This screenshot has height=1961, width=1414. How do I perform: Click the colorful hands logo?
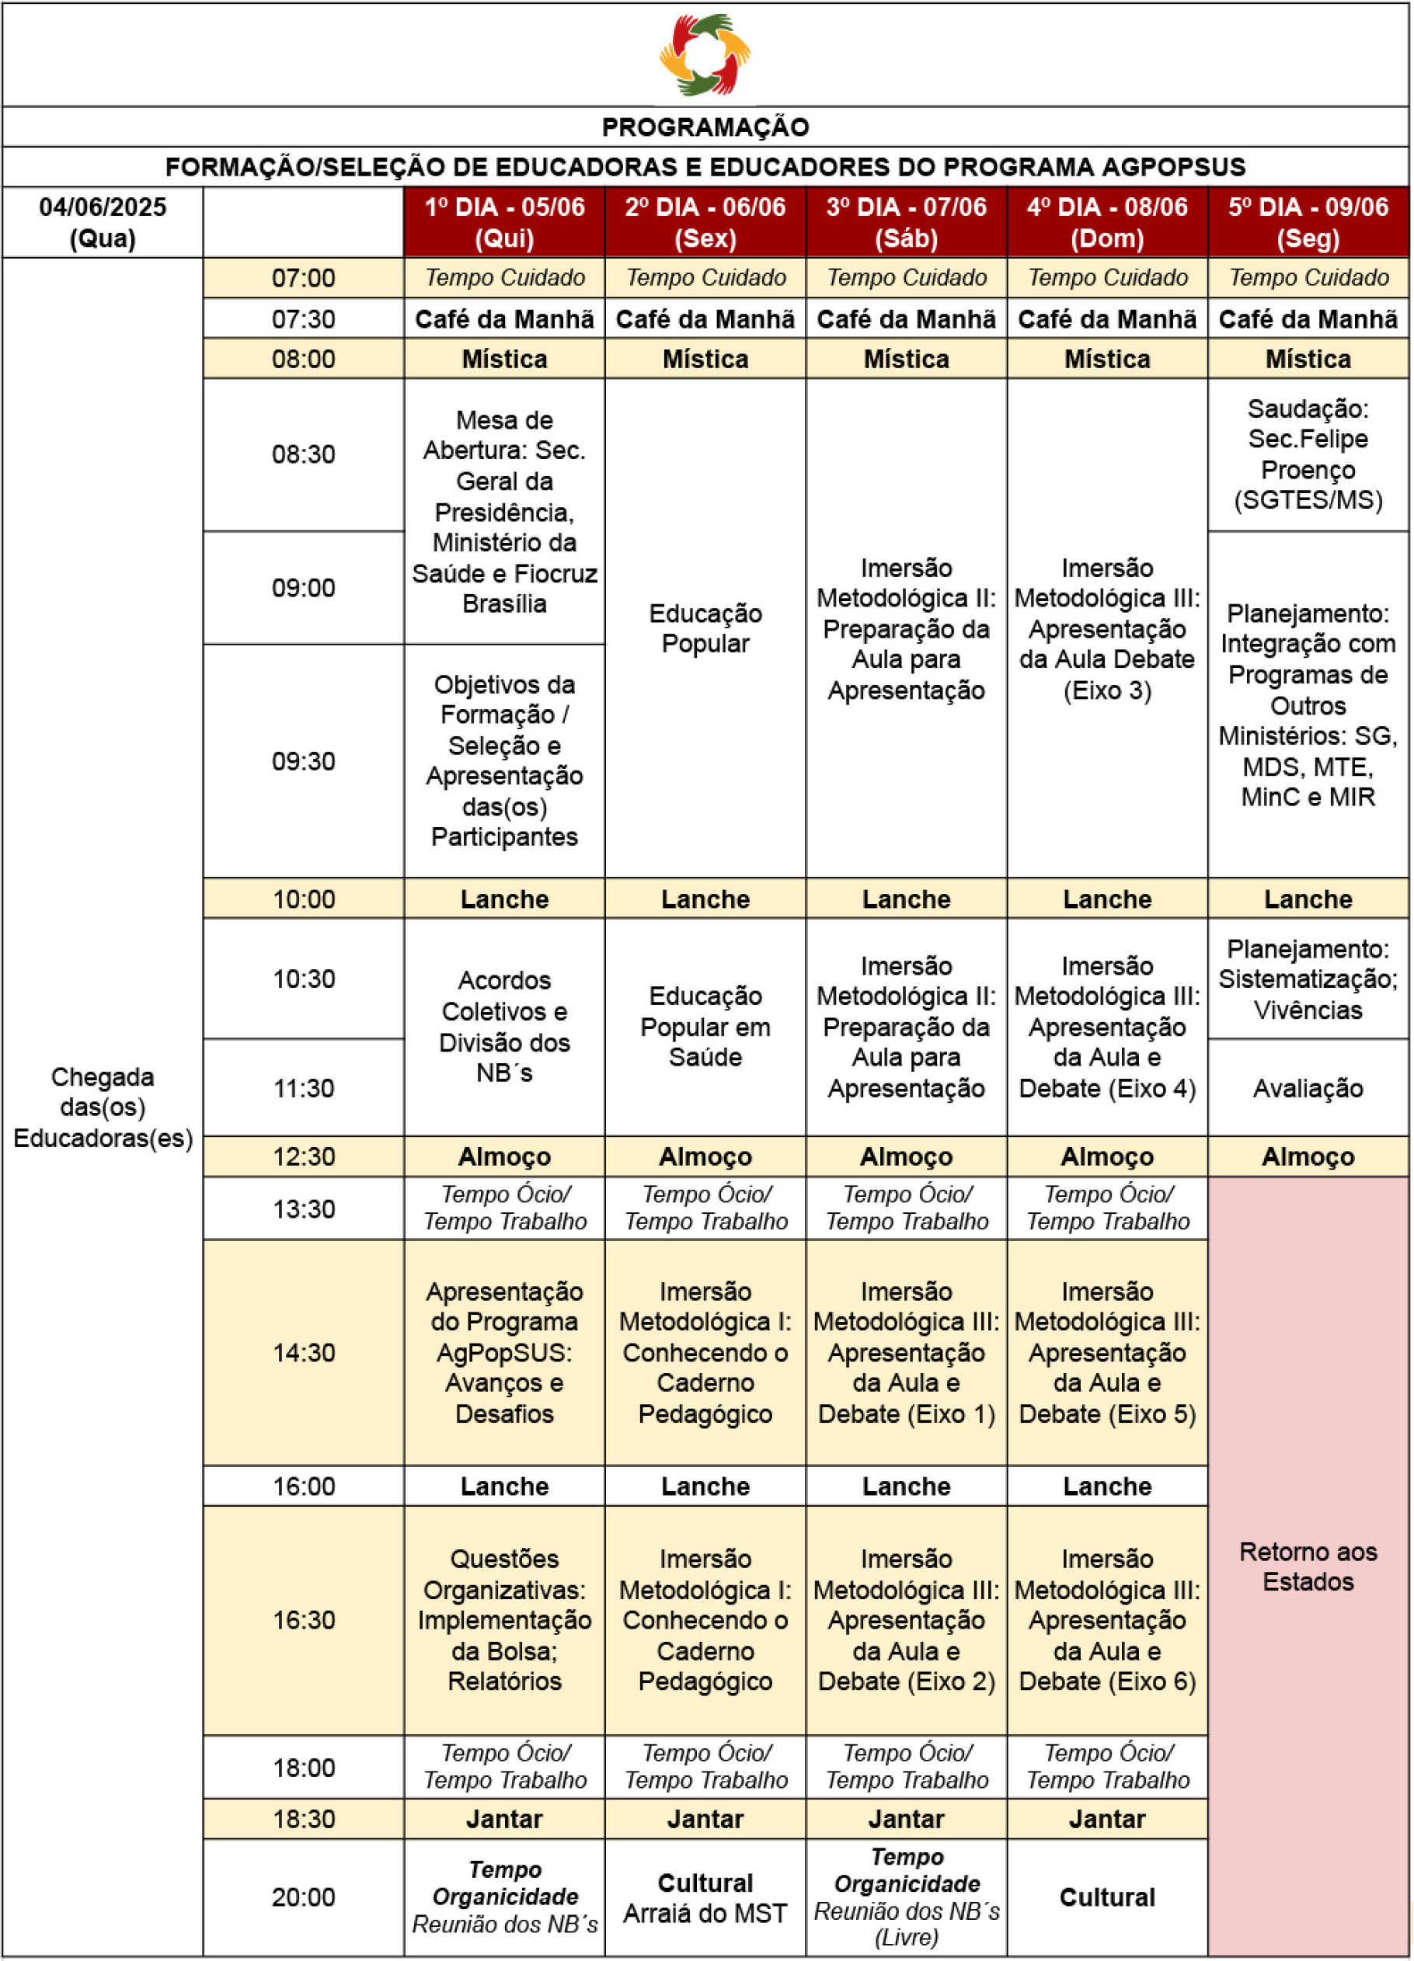click(705, 54)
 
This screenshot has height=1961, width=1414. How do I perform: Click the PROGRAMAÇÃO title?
click(705, 127)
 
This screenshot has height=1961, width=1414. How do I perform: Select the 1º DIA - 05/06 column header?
click(504, 222)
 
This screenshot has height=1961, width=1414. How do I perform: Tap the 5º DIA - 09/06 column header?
click(1308, 222)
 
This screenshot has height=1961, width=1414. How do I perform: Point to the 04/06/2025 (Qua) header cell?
click(103, 222)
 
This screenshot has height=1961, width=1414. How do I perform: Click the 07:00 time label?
click(304, 278)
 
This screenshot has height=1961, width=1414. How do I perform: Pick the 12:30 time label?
click(304, 1157)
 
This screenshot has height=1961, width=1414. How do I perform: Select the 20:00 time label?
click(304, 1897)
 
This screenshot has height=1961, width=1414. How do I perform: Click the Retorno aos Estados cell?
click(1308, 1566)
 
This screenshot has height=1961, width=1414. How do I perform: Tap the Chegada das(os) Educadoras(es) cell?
click(103, 1107)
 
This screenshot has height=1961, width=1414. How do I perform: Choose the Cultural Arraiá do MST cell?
click(705, 1898)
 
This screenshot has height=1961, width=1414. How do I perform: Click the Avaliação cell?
click(1308, 1089)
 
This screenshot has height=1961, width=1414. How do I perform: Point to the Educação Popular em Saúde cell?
click(705, 1027)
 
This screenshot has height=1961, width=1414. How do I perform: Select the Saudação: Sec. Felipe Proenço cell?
click(1308, 455)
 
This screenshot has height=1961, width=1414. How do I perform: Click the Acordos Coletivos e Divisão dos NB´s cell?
click(504, 1027)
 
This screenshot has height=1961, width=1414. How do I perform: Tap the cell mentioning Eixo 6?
click(1107, 1619)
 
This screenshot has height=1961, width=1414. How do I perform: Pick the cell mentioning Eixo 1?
click(907, 1352)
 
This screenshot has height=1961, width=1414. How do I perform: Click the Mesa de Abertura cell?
click(504, 512)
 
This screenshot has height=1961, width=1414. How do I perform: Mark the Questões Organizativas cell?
click(504, 1619)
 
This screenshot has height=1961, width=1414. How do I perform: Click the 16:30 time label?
click(304, 1619)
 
